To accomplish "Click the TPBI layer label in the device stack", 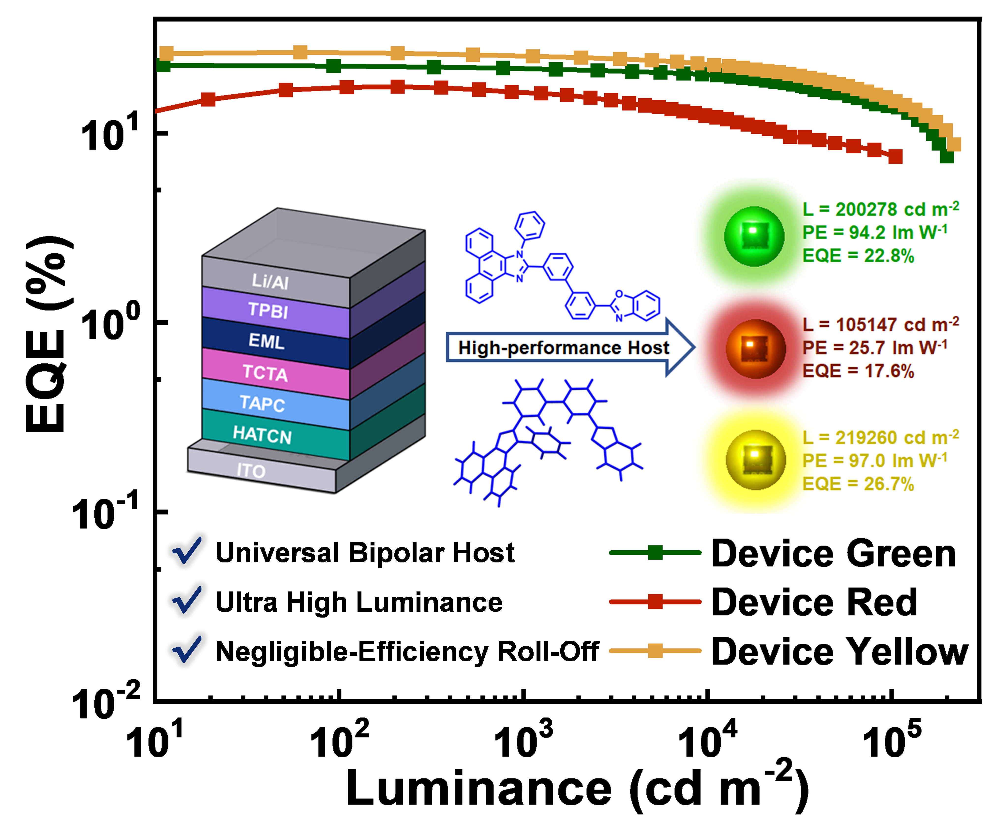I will (x=268, y=310).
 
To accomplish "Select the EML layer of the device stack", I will (x=267, y=341).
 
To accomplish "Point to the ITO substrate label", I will (x=251, y=471).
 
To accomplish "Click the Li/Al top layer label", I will (x=270, y=281).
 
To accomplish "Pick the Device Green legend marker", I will (x=655, y=553).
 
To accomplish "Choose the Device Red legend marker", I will (x=655, y=602).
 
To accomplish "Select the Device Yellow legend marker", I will (x=655, y=651).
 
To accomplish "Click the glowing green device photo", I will (x=754, y=235).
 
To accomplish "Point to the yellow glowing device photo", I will (x=755, y=459).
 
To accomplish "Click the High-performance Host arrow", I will (x=568, y=348).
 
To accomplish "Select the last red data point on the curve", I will (x=895, y=156).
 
